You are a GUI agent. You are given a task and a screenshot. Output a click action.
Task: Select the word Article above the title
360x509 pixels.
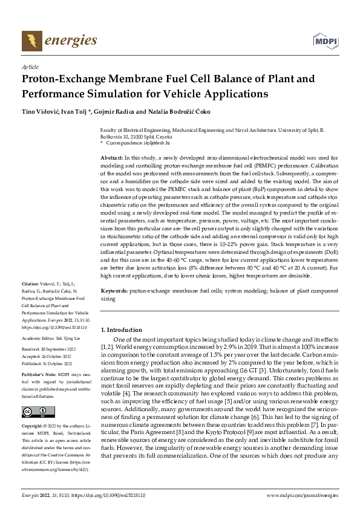pyautogui.click(x=30, y=66)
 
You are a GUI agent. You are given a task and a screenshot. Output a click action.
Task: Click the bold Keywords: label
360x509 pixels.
pyautogui.click(x=113, y=291)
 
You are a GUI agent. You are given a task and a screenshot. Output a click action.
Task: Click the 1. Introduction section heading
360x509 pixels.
pyautogui.click(x=121, y=329)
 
